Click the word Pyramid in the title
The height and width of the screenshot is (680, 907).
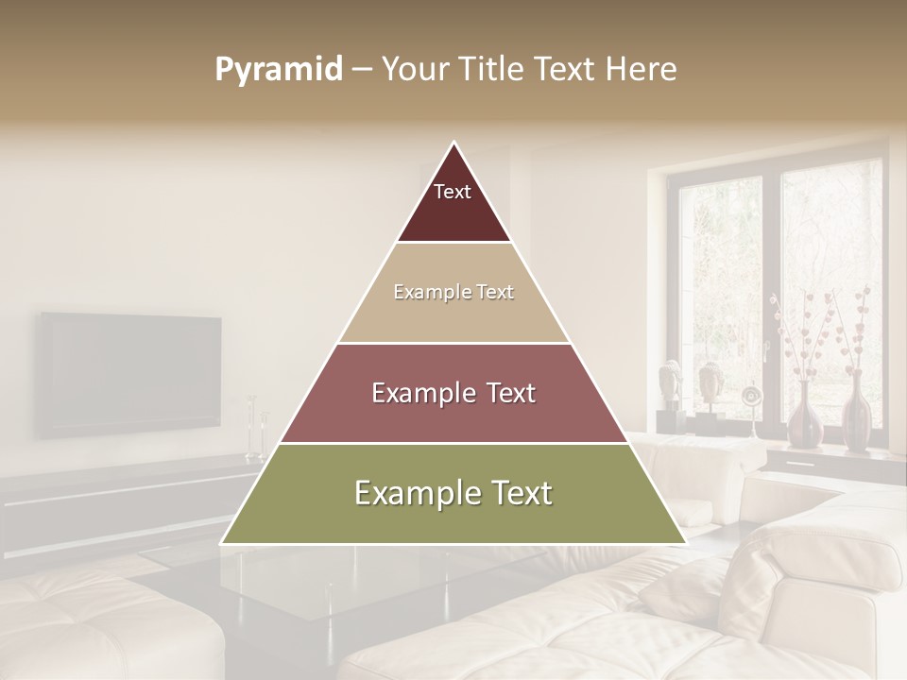(279, 70)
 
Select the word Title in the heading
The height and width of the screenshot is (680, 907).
(496, 70)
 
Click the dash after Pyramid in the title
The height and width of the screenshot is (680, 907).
(362, 70)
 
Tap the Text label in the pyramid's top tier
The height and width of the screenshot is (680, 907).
(453, 192)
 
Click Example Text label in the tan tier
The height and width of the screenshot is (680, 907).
(453, 292)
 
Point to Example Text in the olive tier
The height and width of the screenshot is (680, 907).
(453, 493)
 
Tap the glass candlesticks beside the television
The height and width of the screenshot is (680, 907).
(256, 430)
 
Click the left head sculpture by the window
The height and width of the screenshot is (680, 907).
(670, 382)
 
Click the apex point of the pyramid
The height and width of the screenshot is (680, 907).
(454, 143)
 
